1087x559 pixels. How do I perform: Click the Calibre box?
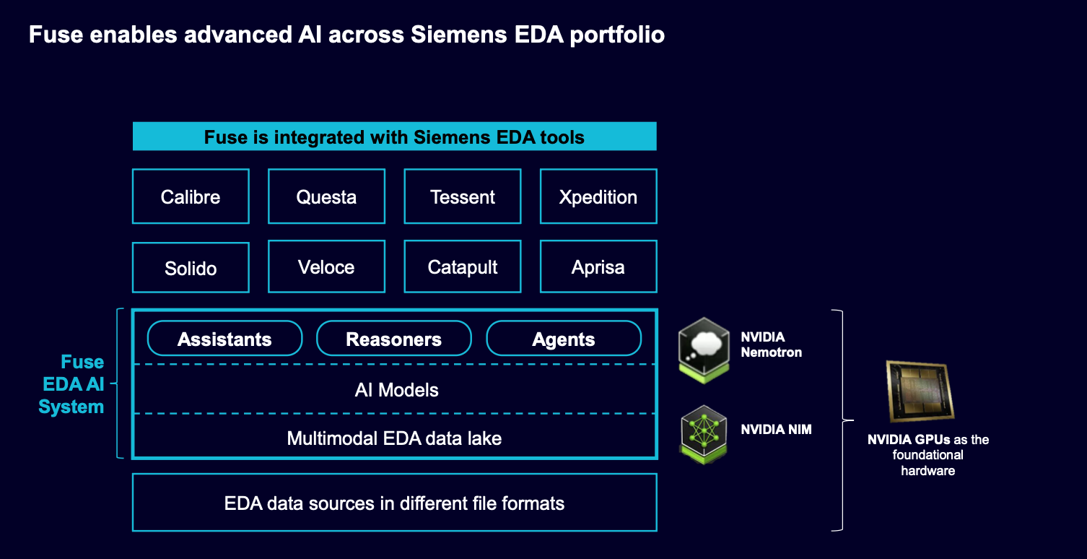[x=191, y=196]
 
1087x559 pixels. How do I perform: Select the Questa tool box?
[x=326, y=196]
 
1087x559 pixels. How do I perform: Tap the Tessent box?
[x=463, y=196]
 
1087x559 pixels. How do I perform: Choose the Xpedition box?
[x=598, y=196]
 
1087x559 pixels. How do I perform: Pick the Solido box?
[x=191, y=267]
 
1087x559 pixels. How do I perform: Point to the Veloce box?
[x=326, y=266]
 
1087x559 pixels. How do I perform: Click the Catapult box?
[x=463, y=266]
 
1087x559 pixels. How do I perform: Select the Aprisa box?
[x=598, y=266]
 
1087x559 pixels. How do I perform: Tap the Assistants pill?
[x=224, y=339]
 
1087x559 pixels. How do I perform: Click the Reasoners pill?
[x=394, y=339]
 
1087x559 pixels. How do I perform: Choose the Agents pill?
[x=564, y=339]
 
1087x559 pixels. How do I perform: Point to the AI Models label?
[x=397, y=390]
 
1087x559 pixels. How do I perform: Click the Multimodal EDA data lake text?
[x=394, y=438]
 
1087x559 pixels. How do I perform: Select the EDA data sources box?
[x=395, y=503]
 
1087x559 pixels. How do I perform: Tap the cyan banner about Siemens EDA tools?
[x=395, y=136]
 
